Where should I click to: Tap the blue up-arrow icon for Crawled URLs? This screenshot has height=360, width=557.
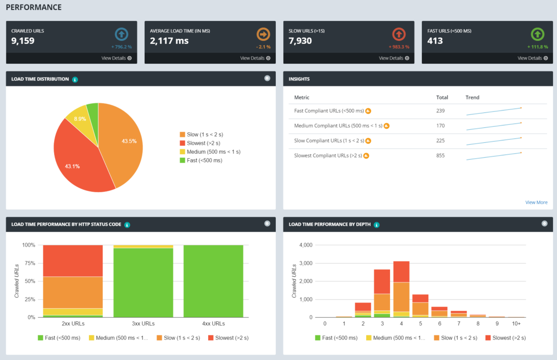click(121, 34)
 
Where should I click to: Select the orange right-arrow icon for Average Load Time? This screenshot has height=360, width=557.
click(263, 34)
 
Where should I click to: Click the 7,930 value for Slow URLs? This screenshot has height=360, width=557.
click(300, 41)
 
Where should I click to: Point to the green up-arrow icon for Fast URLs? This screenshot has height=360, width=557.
click(538, 34)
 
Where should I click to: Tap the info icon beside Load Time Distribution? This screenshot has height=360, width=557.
click(75, 79)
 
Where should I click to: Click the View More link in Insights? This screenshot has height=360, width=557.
click(536, 202)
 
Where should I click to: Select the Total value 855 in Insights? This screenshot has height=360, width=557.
click(440, 156)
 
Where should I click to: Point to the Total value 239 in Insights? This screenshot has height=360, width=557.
click(440, 111)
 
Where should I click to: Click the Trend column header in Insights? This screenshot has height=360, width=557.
click(472, 97)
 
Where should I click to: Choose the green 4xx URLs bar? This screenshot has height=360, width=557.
click(213, 281)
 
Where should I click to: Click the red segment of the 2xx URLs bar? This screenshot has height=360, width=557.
click(73, 261)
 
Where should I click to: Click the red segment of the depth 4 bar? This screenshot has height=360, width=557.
click(401, 271)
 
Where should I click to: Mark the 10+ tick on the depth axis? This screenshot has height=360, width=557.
click(516, 324)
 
